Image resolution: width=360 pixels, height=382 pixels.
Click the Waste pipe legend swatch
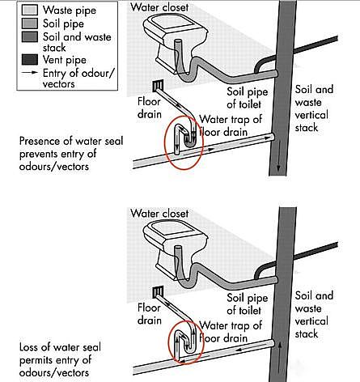point(29,10)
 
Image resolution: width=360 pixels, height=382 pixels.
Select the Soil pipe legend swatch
point(29,23)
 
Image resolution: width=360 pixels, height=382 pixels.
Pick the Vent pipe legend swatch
point(29,60)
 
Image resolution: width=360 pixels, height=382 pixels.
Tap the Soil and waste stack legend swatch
point(29,37)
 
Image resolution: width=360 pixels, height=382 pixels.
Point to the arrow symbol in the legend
point(29,73)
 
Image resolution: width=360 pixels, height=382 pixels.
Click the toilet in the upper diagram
point(176,44)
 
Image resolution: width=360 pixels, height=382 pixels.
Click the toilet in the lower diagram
point(176,250)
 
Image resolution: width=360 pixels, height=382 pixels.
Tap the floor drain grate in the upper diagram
point(158,86)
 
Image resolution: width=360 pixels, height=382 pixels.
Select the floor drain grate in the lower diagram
point(158,292)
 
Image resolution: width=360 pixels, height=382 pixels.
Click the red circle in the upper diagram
point(165,143)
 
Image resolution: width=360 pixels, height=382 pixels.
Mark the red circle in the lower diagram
point(168,342)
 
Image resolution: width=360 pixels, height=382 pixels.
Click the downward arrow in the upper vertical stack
point(278,156)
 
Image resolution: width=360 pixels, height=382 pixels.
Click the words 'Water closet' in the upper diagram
point(159,7)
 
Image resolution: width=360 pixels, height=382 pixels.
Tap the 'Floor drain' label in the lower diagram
point(149,314)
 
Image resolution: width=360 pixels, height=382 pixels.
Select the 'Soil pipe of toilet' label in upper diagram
point(247,98)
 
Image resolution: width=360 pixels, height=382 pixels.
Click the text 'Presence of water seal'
point(71,141)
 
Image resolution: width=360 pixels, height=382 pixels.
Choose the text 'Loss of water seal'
point(60,347)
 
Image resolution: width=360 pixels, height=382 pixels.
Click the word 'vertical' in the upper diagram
point(311,115)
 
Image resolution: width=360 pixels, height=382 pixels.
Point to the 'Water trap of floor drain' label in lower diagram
point(231,332)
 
